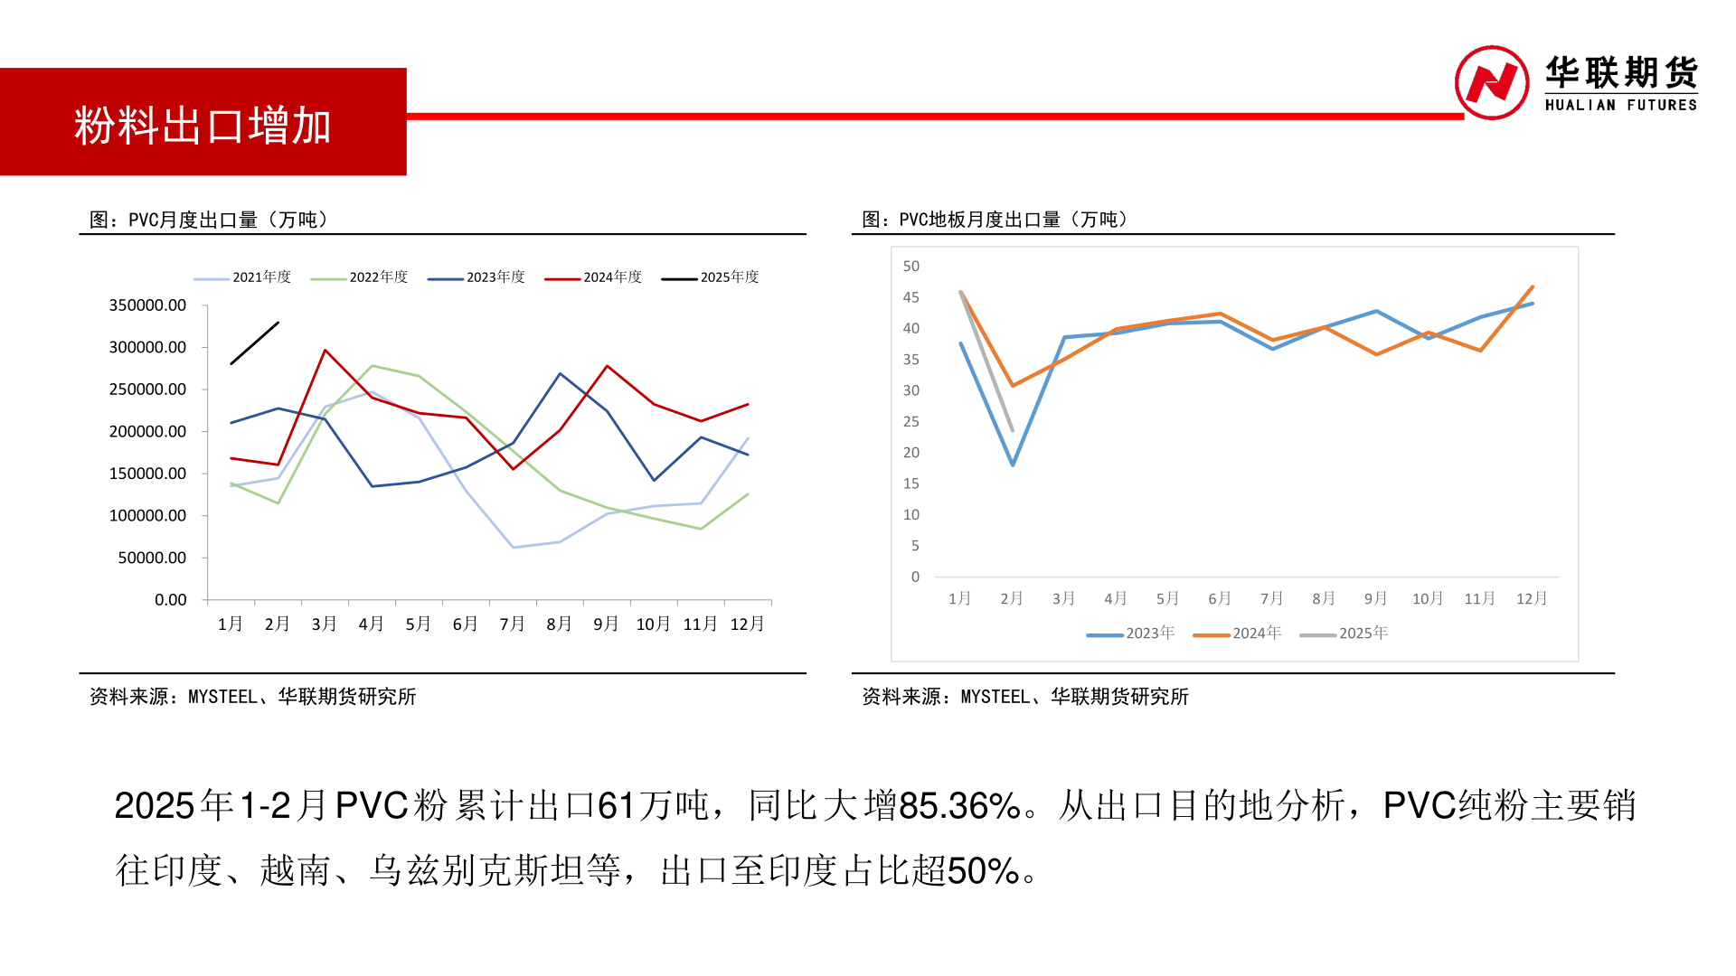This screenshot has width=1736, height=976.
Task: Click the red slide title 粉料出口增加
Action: (x=203, y=125)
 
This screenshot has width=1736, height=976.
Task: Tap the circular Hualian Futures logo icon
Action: (x=1491, y=82)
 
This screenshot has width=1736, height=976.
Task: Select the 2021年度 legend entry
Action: (x=242, y=277)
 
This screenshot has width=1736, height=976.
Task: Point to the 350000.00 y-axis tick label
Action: (x=147, y=305)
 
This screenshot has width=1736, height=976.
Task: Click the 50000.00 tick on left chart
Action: (x=152, y=558)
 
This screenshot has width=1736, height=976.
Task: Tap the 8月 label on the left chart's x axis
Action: (x=559, y=624)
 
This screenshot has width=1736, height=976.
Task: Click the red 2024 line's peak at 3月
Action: (x=325, y=350)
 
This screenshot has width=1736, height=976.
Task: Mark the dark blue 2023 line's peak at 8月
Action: (x=561, y=373)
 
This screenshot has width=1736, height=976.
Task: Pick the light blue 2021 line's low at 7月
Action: (x=514, y=548)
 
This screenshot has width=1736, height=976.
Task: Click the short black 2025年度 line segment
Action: (x=255, y=343)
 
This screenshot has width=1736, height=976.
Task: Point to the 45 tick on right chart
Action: (x=910, y=297)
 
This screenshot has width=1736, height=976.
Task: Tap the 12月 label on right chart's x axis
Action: (x=1532, y=599)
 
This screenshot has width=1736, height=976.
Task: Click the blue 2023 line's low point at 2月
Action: (x=1013, y=465)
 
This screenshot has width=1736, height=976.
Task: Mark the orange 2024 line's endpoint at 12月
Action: (x=1533, y=286)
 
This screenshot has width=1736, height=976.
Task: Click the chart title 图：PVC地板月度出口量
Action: (x=995, y=220)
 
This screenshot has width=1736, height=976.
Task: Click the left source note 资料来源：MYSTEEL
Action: (x=252, y=697)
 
